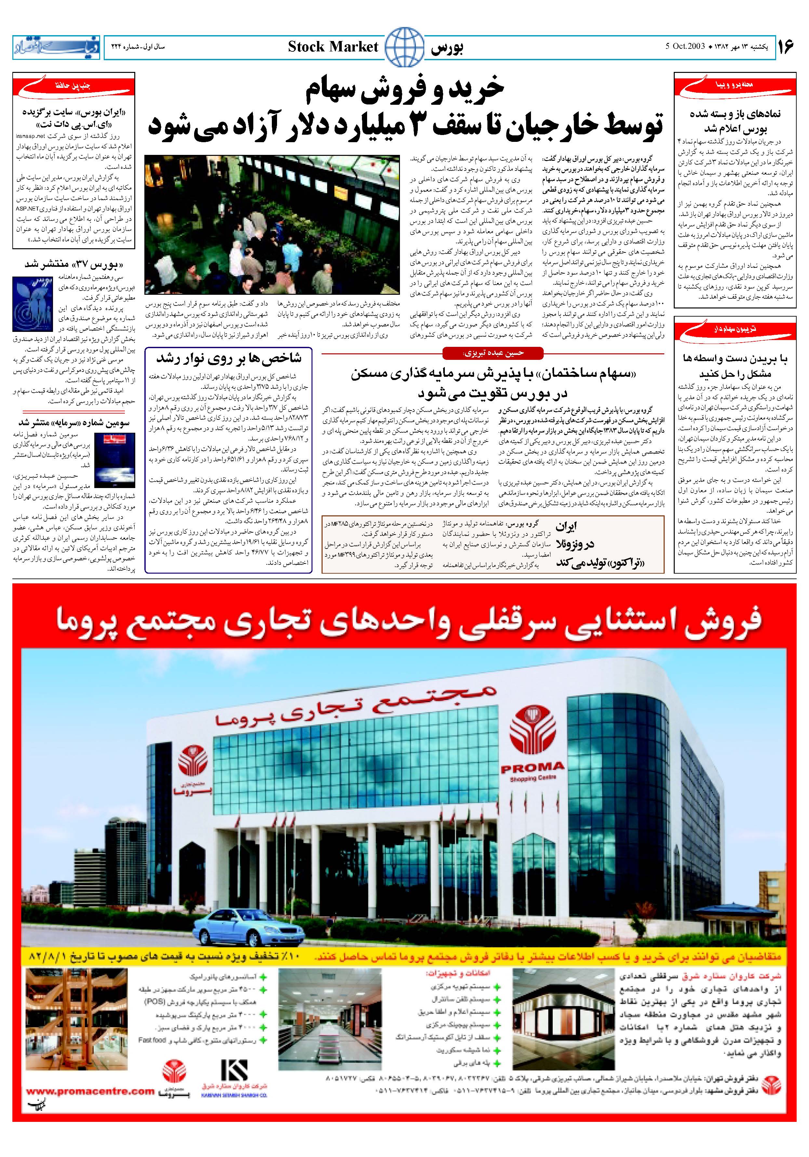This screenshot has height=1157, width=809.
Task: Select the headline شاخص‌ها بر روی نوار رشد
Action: pos(228,358)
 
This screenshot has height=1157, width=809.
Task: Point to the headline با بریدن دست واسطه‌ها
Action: pos(735,366)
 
